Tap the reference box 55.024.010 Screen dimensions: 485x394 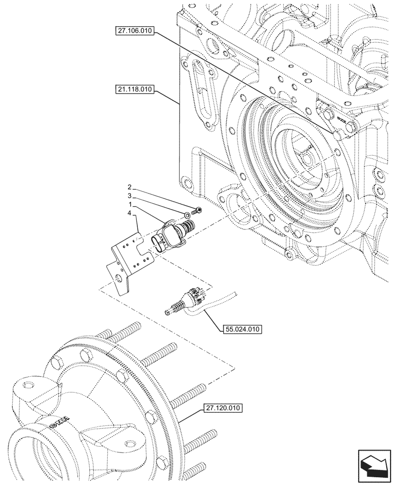[242, 330]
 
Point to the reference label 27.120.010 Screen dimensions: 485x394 [223, 408]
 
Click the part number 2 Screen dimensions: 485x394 [129, 187]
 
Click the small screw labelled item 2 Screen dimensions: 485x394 [197, 210]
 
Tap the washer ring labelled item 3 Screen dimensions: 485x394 [187, 214]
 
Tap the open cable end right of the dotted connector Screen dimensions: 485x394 [234, 293]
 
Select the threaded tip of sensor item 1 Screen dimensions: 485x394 [188, 225]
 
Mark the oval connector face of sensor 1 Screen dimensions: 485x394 [160, 242]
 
